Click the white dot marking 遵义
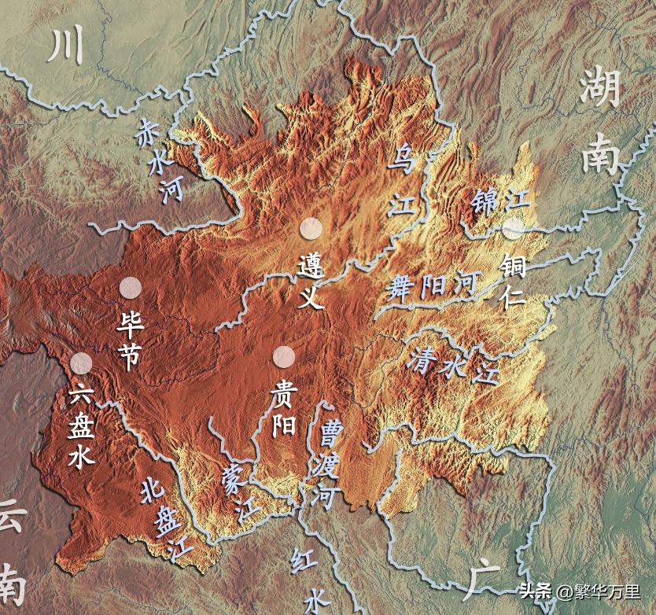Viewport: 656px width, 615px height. coord(311,228)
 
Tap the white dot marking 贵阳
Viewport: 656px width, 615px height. coord(284,357)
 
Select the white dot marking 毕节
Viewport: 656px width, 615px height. coord(131,288)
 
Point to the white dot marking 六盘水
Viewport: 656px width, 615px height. coord(81,363)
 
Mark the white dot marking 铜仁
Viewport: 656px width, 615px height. coord(513,230)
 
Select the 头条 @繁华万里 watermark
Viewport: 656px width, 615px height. coord(579,591)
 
